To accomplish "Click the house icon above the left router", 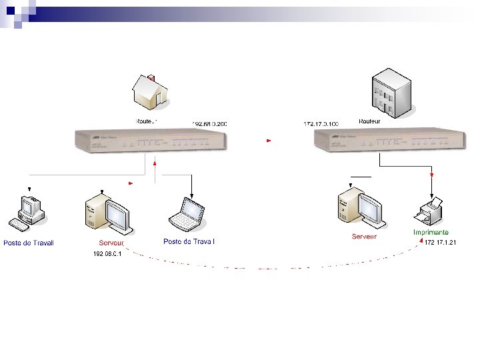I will coord(151,92).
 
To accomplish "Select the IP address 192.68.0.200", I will coord(210,124).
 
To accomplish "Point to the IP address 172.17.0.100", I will coord(321,124).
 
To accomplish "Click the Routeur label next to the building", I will coord(370,121).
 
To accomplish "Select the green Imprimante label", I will coord(430,233).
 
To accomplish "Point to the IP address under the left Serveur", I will coord(106,254).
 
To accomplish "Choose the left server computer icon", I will coord(107,214).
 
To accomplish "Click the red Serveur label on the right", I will coord(364,236).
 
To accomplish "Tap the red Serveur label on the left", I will coord(111,243).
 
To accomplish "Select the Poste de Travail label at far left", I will coord(28,243).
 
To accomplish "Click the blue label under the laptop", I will coord(189,241).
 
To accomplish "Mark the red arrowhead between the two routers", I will coord(268,141).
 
